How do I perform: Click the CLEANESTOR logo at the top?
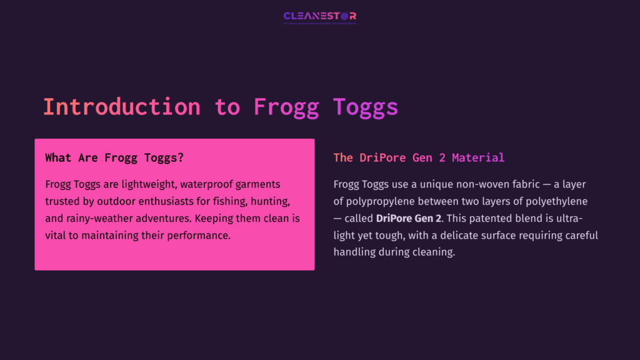click(319, 17)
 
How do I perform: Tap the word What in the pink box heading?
click(58, 157)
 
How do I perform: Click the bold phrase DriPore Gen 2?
click(408, 219)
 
